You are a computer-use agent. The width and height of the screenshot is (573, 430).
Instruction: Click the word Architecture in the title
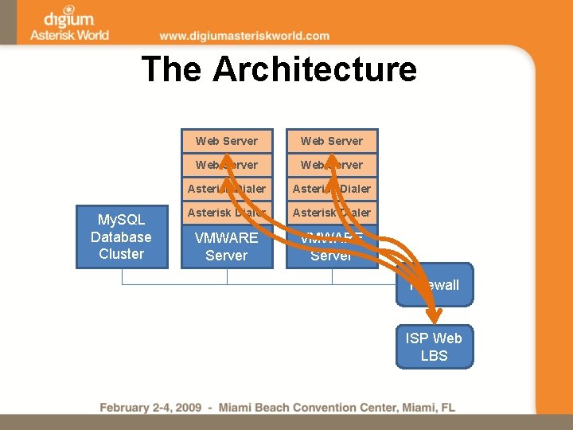click(x=314, y=69)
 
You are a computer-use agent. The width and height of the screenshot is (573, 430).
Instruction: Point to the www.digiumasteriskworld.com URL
click(x=244, y=36)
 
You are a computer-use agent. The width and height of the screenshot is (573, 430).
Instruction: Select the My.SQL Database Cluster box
click(x=122, y=237)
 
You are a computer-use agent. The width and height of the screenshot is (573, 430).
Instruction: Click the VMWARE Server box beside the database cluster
click(x=227, y=246)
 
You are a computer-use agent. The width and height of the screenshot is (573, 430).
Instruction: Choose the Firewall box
click(x=435, y=285)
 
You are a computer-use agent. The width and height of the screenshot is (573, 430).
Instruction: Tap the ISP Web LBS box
click(x=435, y=347)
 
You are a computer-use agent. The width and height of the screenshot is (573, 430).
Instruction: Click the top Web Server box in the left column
click(x=227, y=141)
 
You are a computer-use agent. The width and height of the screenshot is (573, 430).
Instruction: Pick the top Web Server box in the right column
click(x=332, y=141)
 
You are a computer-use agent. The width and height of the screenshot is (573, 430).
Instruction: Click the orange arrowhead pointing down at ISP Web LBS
click(x=435, y=315)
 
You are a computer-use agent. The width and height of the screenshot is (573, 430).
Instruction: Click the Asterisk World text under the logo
click(x=69, y=34)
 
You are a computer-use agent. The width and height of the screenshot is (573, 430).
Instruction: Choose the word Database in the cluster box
click(x=121, y=237)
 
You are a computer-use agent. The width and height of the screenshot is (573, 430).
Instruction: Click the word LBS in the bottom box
click(x=435, y=356)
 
